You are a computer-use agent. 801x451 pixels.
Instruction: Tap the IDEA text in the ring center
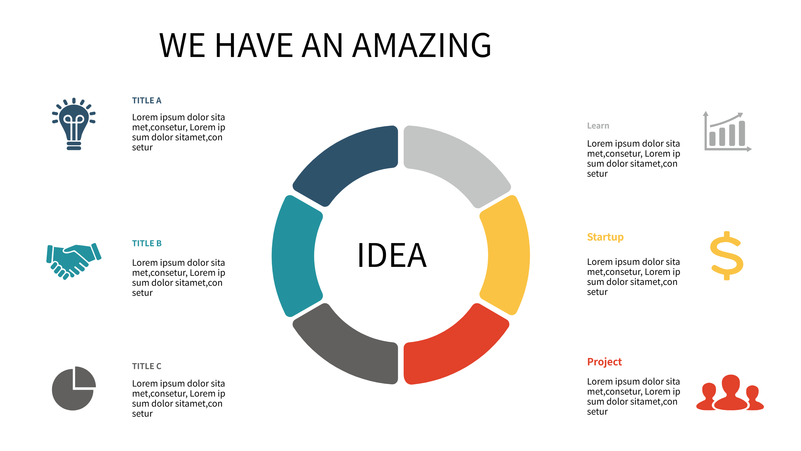[392, 255]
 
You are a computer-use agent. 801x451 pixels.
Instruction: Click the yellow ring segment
[507, 255]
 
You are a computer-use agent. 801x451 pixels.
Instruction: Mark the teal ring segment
[296, 255]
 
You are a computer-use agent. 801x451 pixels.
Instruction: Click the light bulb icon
[74, 125]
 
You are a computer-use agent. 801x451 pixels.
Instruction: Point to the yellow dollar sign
[727, 256]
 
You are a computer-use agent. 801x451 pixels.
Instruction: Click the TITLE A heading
[147, 101]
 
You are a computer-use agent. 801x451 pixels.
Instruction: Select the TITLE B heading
[147, 243]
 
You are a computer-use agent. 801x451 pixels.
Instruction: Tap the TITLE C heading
[147, 366]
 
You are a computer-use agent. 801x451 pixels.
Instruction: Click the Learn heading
[598, 126]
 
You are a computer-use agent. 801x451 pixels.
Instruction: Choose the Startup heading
[605, 237]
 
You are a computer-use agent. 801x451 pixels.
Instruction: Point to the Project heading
[604, 362]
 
